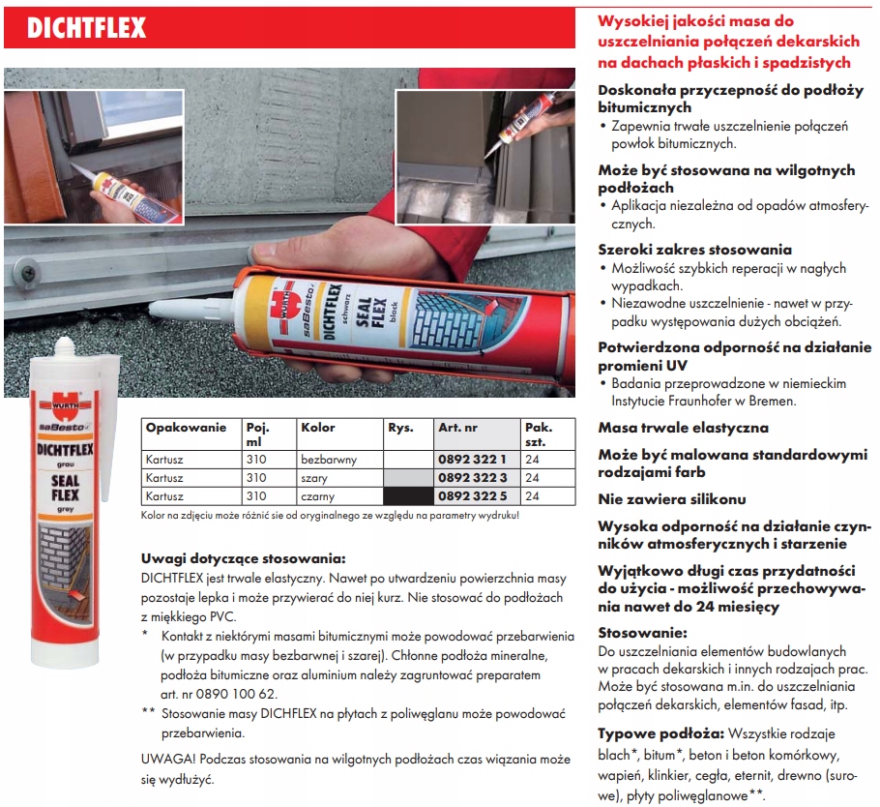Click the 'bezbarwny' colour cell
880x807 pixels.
[x=328, y=460]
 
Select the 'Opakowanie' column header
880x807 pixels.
[x=186, y=427]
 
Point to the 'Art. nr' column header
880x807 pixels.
[x=458, y=427]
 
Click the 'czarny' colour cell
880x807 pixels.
[x=319, y=495]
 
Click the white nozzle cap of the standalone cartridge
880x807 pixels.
[x=64, y=350]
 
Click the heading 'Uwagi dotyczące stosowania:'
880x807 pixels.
[x=243, y=558]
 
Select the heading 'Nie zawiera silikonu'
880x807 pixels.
[x=672, y=499]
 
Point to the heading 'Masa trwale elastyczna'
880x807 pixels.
[x=684, y=427]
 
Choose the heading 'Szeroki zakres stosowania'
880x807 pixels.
[x=694, y=249]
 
